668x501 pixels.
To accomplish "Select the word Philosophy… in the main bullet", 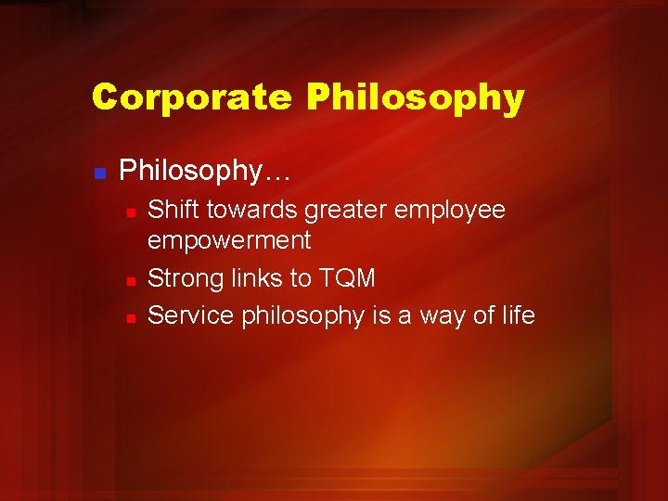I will pos(205,171).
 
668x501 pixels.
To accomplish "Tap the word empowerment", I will pos(229,241).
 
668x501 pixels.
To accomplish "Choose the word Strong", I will pos(186,278).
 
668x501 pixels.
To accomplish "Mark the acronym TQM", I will pos(348,278).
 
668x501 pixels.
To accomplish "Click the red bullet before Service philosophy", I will pos(132,318).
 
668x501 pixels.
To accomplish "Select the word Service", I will pos(191,315).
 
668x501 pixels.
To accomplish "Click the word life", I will pos(517,315).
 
